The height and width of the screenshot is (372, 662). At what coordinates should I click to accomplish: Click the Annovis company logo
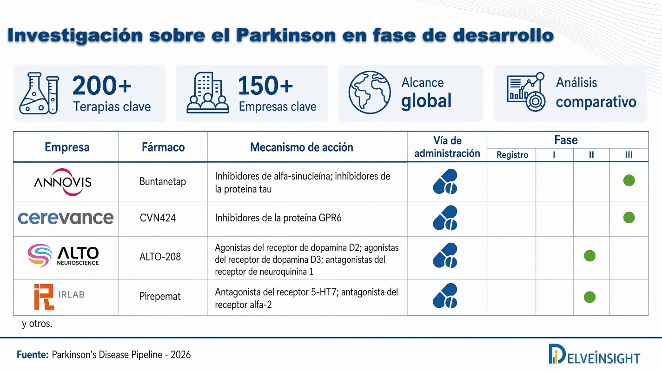(x=63, y=182)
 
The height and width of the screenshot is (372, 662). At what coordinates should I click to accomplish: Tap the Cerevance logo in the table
(x=66, y=218)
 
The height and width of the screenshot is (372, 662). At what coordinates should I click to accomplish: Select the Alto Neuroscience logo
(x=63, y=255)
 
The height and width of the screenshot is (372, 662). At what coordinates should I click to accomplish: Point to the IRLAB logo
(x=60, y=297)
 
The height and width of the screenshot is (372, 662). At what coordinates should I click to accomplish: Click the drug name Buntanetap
(x=163, y=181)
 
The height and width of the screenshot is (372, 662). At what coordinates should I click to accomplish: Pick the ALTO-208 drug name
(x=160, y=257)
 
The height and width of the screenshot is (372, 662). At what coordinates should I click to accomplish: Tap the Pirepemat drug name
(x=160, y=296)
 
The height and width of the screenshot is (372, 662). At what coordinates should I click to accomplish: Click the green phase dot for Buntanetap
(x=629, y=180)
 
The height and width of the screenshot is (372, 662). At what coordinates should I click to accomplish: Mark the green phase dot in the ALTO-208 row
(x=589, y=256)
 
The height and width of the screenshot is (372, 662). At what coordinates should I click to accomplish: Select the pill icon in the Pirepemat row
(x=445, y=296)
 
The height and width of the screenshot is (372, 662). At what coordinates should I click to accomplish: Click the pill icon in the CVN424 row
(x=445, y=218)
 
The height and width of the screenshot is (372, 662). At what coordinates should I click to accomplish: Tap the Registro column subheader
(x=512, y=155)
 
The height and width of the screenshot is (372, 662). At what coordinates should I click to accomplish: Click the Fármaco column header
(x=163, y=147)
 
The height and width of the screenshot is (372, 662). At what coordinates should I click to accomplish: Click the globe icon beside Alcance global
(x=370, y=92)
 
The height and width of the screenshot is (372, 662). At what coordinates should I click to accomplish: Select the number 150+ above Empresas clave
(x=265, y=86)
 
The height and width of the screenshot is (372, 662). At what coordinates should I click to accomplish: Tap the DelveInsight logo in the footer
(x=594, y=354)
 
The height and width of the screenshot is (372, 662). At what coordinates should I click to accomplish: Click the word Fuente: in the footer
(x=33, y=354)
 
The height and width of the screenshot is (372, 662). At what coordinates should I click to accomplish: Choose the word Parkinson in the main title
(x=286, y=35)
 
